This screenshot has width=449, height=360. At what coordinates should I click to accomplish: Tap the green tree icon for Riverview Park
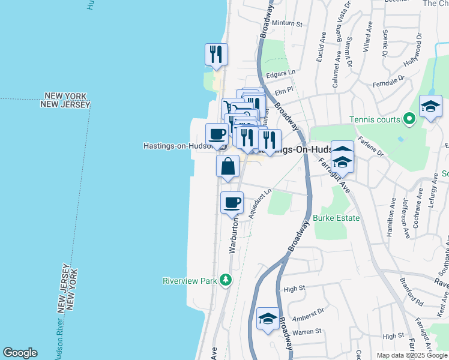point(226,280)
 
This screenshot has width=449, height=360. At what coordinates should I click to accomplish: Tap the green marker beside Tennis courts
point(409,119)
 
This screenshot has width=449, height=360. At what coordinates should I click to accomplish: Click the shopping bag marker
point(228,166)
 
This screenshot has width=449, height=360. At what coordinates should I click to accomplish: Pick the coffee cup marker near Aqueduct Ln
point(232,202)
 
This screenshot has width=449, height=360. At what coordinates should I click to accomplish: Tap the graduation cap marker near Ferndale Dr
point(430,106)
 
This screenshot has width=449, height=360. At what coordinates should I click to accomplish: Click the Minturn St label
point(287,24)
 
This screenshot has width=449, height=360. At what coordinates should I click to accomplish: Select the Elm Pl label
point(283,92)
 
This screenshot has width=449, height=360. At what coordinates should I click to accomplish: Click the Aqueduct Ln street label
point(260,203)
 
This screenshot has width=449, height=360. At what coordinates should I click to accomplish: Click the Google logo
point(20,353)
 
